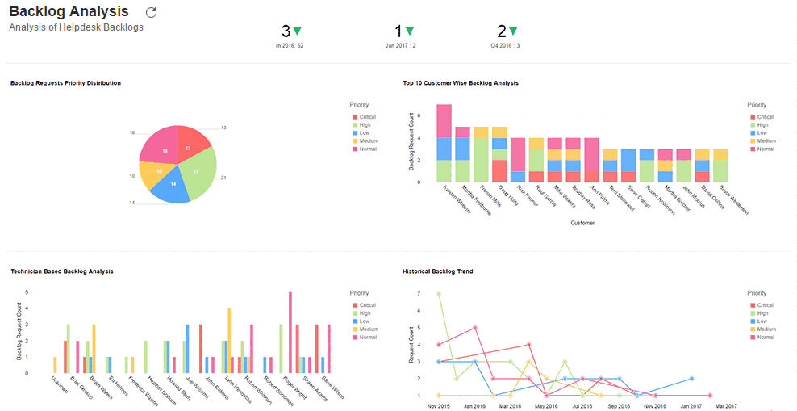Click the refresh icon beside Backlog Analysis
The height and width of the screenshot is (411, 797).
(x=151, y=12)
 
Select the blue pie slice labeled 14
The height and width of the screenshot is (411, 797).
(x=170, y=187)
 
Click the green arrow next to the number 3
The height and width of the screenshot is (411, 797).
(x=298, y=31)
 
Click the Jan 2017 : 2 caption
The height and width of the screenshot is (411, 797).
(x=401, y=46)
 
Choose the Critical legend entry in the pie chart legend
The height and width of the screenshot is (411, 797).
(x=368, y=117)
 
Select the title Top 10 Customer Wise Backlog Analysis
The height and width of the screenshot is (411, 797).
(x=461, y=83)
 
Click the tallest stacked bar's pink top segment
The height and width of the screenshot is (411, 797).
(x=444, y=120)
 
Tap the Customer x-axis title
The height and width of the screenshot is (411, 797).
(x=582, y=223)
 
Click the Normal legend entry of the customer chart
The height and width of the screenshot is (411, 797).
(x=765, y=149)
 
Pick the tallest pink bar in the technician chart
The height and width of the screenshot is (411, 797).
(x=290, y=331)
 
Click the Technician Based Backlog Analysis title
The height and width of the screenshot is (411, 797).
(x=62, y=271)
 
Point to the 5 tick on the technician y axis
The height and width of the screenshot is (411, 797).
(x=27, y=292)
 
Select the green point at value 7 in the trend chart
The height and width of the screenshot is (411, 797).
(x=438, y=294)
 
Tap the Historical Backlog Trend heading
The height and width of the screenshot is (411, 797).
(x=438, y=271)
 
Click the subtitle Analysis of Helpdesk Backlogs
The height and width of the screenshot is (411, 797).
(x=76, y=27)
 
